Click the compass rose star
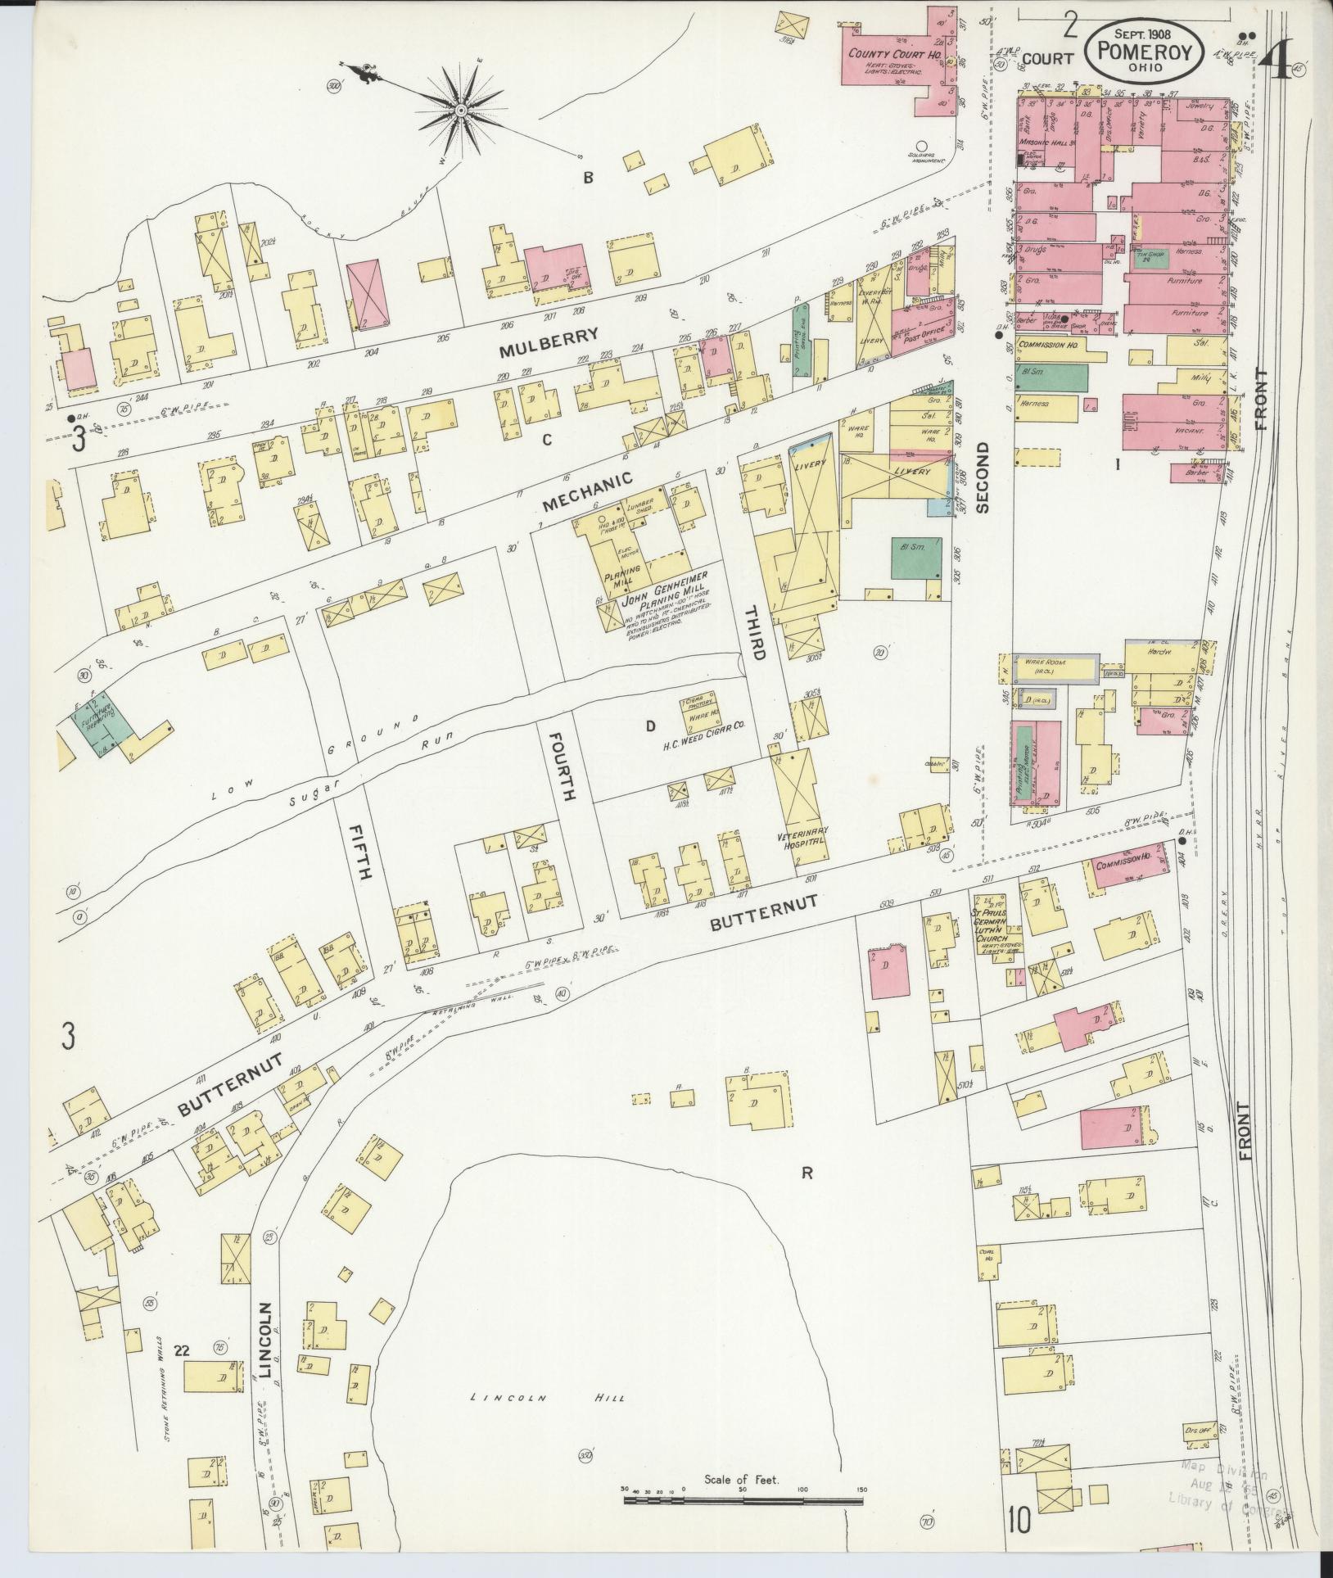[x=461, y=109]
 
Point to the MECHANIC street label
[x=588, y=491]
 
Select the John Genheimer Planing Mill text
[x=665, y=605]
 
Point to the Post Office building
[x=922, y=319]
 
